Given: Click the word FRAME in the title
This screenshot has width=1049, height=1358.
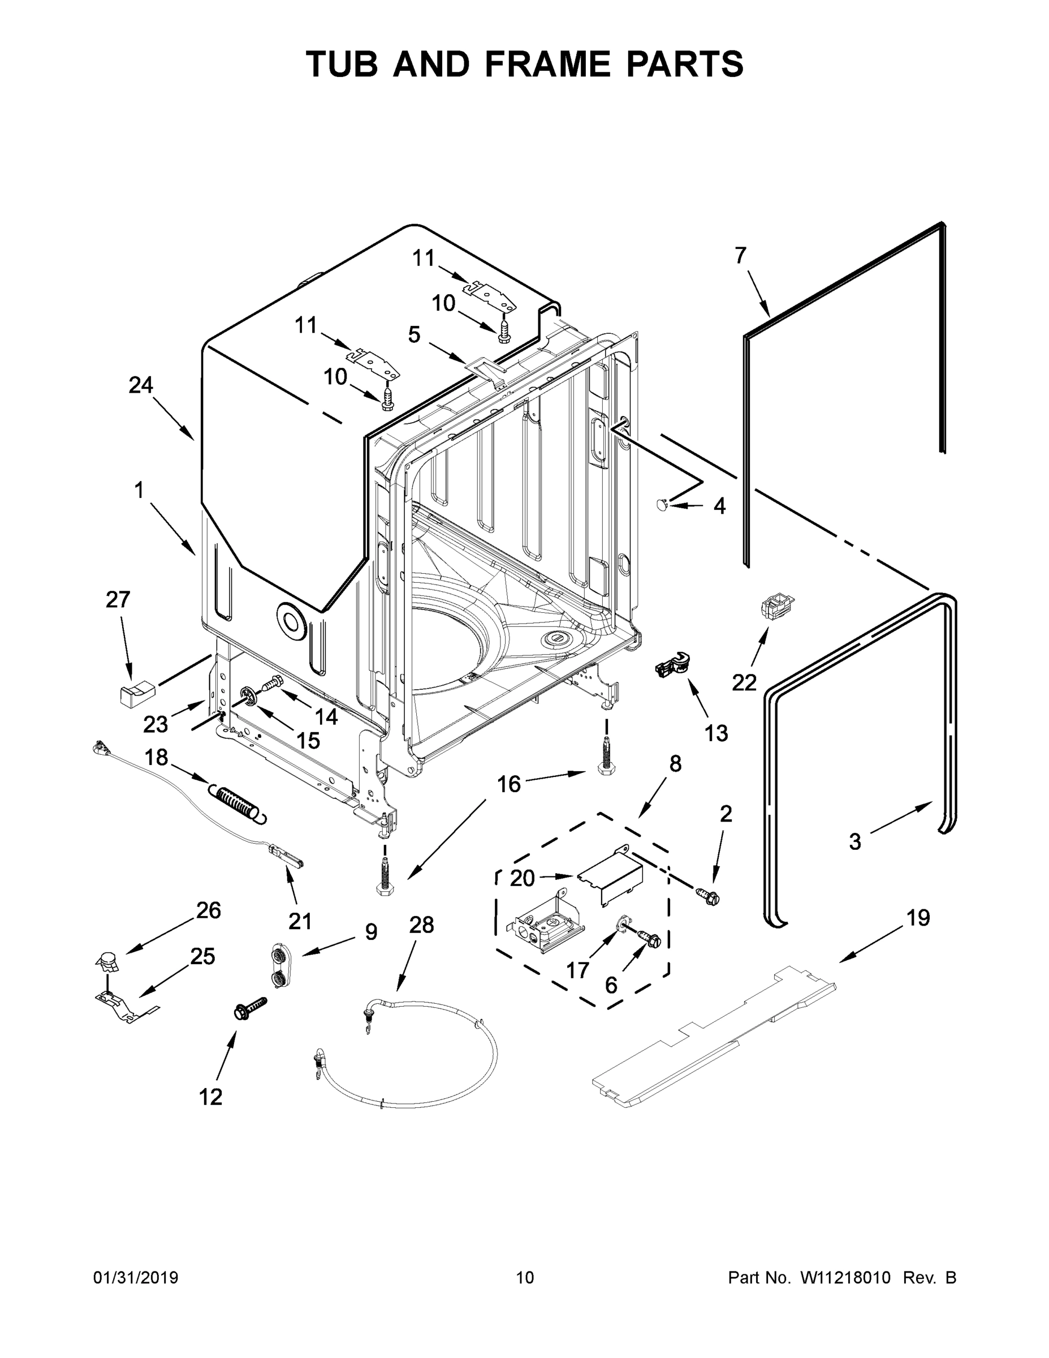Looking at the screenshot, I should click(x=548, y=64).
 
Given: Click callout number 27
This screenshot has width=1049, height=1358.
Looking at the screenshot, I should click(x=118, y=599).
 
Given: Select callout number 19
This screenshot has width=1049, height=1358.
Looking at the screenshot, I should click(x=918, y=918).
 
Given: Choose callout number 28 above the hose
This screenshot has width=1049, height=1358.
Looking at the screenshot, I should click(x=421, y=925).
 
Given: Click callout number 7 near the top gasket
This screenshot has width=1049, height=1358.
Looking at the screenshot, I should click(x=740, y=256).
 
